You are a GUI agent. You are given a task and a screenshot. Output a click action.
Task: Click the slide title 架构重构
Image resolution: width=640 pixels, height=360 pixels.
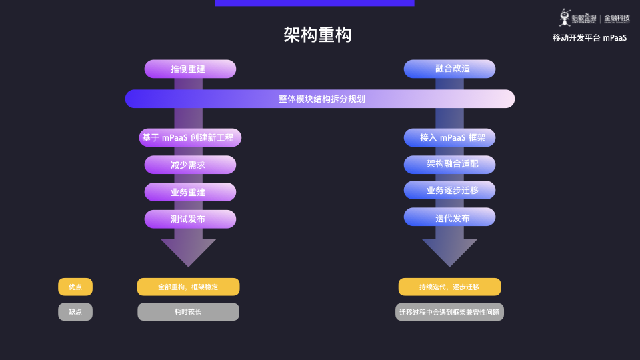point(317,35)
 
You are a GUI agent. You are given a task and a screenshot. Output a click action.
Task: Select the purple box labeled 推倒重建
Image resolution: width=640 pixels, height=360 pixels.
point(190,69)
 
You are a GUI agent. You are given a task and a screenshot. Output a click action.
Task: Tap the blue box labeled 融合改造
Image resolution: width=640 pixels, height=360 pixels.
point(449,69)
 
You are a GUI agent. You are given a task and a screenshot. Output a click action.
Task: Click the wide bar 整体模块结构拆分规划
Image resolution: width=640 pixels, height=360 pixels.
point(320,99)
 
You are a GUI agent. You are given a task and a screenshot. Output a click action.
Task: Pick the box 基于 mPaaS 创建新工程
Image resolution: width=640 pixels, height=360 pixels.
point(190,138)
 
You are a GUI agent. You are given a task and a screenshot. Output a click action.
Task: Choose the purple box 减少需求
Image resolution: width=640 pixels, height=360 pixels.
point(190,165)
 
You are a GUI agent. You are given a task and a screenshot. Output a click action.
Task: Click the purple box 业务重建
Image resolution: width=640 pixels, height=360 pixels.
point(190,192)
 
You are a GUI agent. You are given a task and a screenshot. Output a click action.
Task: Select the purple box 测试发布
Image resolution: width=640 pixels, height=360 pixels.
point(190,219)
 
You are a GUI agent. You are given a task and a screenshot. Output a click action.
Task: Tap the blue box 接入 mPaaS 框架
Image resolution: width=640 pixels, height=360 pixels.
point(449,138)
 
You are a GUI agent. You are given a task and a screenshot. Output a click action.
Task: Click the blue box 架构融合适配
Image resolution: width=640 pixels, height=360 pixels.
point(449,163)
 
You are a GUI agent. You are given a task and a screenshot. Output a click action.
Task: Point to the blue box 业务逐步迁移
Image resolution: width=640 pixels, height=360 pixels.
point(449,190)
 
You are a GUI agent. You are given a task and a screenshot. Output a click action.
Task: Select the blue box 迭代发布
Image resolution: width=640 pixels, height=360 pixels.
point(449,217)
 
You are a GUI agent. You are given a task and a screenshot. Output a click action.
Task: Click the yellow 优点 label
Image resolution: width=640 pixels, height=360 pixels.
point(75,287)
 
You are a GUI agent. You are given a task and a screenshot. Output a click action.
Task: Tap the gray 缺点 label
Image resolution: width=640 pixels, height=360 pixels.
point(75,311)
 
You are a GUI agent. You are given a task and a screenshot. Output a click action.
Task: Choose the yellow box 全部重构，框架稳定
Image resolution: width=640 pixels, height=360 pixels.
point(188,287)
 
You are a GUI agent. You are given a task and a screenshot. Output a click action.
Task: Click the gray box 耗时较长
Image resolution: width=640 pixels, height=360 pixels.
point(188,311)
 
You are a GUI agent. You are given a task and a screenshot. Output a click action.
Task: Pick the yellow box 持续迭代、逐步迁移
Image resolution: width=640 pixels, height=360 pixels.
point(449,287)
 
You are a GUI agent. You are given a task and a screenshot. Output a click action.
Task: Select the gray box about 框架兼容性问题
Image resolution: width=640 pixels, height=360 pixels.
point(449,311)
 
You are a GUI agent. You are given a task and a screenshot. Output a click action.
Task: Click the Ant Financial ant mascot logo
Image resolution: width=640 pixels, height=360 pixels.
point(565,17)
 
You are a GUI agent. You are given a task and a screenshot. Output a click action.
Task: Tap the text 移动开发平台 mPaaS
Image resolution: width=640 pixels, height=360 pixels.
point(589,38)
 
